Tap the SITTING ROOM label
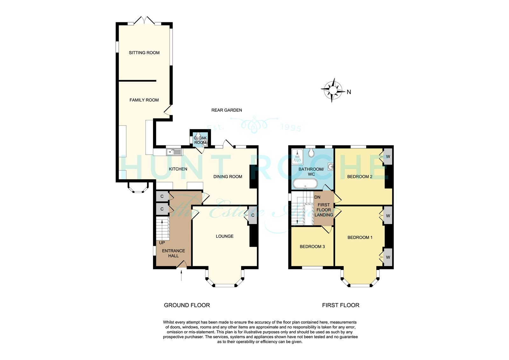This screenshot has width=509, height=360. click(x=144, y=53)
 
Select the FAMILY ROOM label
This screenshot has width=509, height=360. click(x=144, y=100)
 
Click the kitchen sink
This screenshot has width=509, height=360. click(x=174, y=152)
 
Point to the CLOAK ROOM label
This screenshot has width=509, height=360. click(x=200, y=140)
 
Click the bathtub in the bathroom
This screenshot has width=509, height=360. click(x=305, y=184)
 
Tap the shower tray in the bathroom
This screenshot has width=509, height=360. click(x=297, y=157)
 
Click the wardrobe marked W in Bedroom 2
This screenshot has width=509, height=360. click(x=388, y=157)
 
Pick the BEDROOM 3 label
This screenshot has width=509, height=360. click(x=312, y=246)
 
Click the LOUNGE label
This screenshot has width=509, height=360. click(x=225, y=236)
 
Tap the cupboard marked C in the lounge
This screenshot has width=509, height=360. click(x=253, y=215)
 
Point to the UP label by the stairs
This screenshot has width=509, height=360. click(x=162, y=243)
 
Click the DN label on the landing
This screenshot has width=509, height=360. click(x=317, y=197)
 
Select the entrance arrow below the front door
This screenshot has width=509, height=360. click(x=181, y=275)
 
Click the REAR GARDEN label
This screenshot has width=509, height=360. click(x=227, y=110)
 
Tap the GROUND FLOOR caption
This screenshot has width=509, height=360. click(x=187, y=305)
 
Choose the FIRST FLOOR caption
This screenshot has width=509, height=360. click(x=341, y=305)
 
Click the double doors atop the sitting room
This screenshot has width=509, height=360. click(x=144, y=20)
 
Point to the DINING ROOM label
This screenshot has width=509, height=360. click(x=228, y=177)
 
